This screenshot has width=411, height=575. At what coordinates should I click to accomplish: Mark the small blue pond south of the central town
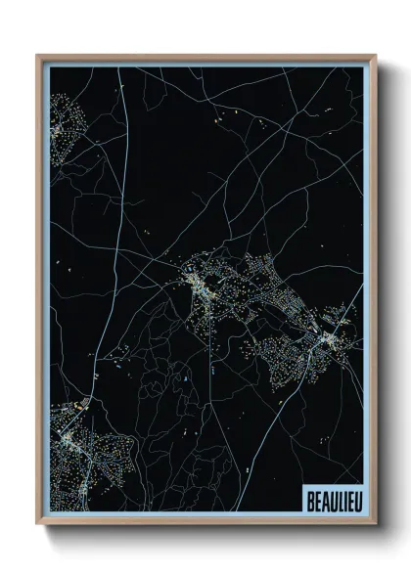pyautogui.click(x=183, y=377)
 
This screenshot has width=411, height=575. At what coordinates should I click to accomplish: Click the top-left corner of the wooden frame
pyautogui.click(x=37, y=56)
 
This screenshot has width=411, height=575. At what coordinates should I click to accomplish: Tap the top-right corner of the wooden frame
pyautogui.click(x=373, y=56)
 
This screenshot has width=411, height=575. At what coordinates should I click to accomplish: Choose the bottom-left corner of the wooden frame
pyautogui.click(x=37, y=523)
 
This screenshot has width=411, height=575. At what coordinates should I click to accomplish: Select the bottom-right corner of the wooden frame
pyautogui.click(x=373, y=523)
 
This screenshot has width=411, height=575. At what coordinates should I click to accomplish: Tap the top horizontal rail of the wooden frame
pyautogui.click(x=205, y=57)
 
